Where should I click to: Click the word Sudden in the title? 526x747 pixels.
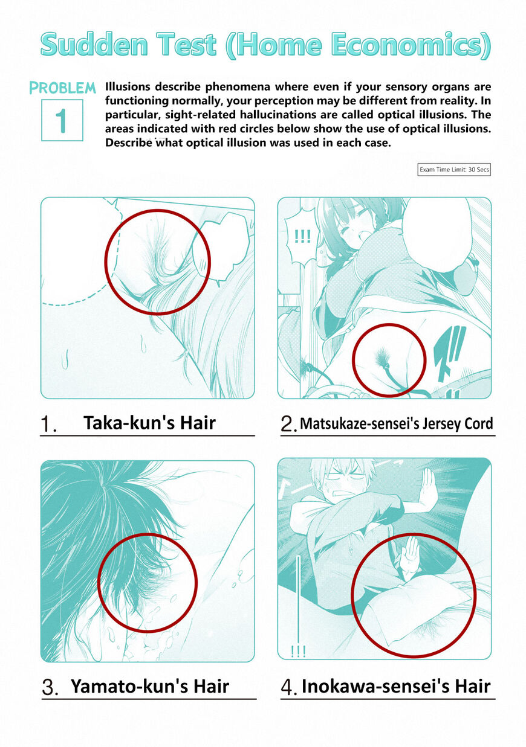click(94, 44)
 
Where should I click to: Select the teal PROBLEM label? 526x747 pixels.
click(62, 88)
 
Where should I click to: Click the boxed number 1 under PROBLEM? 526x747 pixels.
click(62, 120)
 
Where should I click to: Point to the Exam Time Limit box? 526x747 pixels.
click(454, 170)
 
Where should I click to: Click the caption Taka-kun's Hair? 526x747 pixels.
click(149, 423)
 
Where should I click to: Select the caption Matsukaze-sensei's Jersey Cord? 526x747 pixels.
click(397, 423)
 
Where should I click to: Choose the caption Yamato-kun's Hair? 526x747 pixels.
click(150, 686)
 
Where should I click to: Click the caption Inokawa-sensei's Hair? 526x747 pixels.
click(396, 686)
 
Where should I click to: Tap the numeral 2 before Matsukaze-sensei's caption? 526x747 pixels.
click(288, 424)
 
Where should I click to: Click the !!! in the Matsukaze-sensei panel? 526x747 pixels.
click(302, 236)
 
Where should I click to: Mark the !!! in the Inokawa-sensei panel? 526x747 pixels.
click(298, 651)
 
